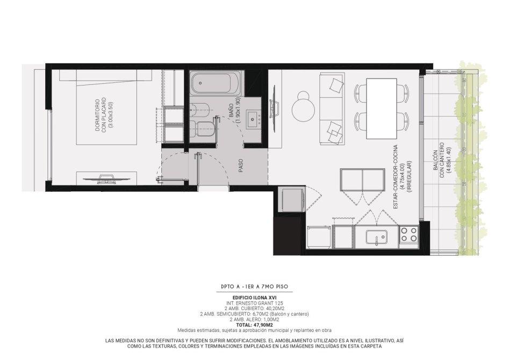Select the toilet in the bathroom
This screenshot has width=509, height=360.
tap(202, 129)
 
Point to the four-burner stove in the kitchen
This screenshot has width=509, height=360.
tap(409, 235)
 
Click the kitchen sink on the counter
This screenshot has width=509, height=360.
tap(377, 237)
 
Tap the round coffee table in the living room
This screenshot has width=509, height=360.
tap(304, 106)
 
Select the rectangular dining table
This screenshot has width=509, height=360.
tap(382, 108)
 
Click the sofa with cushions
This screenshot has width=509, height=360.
tap(332, 109)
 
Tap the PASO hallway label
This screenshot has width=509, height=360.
tap(241, 165)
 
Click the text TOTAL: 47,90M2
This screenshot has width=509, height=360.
tap(254, 325)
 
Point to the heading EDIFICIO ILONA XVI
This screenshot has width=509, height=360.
tap(255, 298)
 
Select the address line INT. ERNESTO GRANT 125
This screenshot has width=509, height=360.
tap(255, 303)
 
